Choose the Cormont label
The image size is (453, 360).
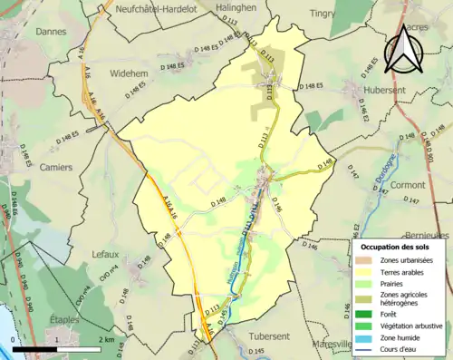(408, 184)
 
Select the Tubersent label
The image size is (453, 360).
(272, 335)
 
